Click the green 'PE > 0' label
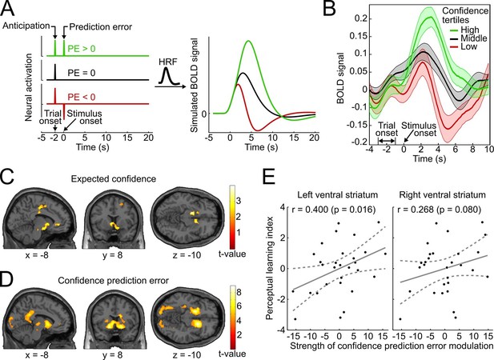(x=82, y=49)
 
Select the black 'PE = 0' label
(x=82, y=73)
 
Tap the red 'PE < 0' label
(x=82, y=98)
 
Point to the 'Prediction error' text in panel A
(x=101, y=27)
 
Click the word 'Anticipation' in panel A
(x=26, y=26)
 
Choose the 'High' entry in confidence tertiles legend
(x=470, y=30)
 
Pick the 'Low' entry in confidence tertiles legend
(x=469, y=46)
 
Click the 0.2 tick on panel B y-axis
(x=361, y=18)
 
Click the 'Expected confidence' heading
(x=114, y=178)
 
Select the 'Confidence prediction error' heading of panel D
(x=113, y=280)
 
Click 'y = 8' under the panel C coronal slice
(x=112, y=254)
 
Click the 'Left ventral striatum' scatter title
(x=337, y=194)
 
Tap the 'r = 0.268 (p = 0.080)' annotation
(x=440, y=210)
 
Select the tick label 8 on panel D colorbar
(x=239, y=292)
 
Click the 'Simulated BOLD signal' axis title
(x=195, y=86)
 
